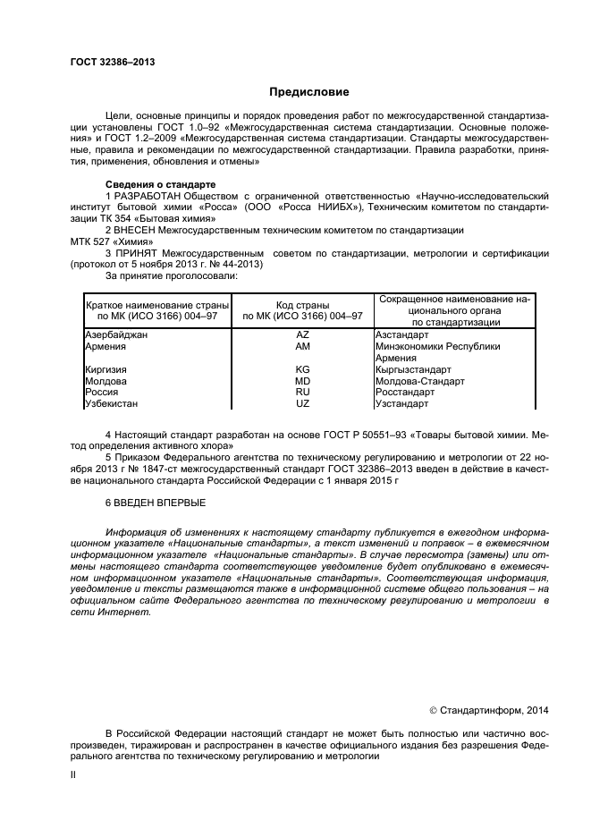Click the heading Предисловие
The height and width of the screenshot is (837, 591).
pyautogui.click(x=309, y=91)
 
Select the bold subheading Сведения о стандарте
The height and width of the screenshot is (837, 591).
pyautogui.click(x=155, y=182)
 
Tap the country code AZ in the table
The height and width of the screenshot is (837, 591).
pyautogui.click(x=302, y=334)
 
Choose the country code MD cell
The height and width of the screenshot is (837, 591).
pyautogui.click(x=302, y=381)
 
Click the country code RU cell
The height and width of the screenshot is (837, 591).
pyautogui.click(x=302, y=392)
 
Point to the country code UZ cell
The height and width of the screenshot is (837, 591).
pyautogui.click(x=302, y=403)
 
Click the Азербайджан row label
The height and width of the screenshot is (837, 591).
pyautogui.click(x=116, y=334)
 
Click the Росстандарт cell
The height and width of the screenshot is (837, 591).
pyautogui.click(x=405, y=392)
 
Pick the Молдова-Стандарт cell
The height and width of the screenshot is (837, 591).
pyautogui.click(x=420, y=381)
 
